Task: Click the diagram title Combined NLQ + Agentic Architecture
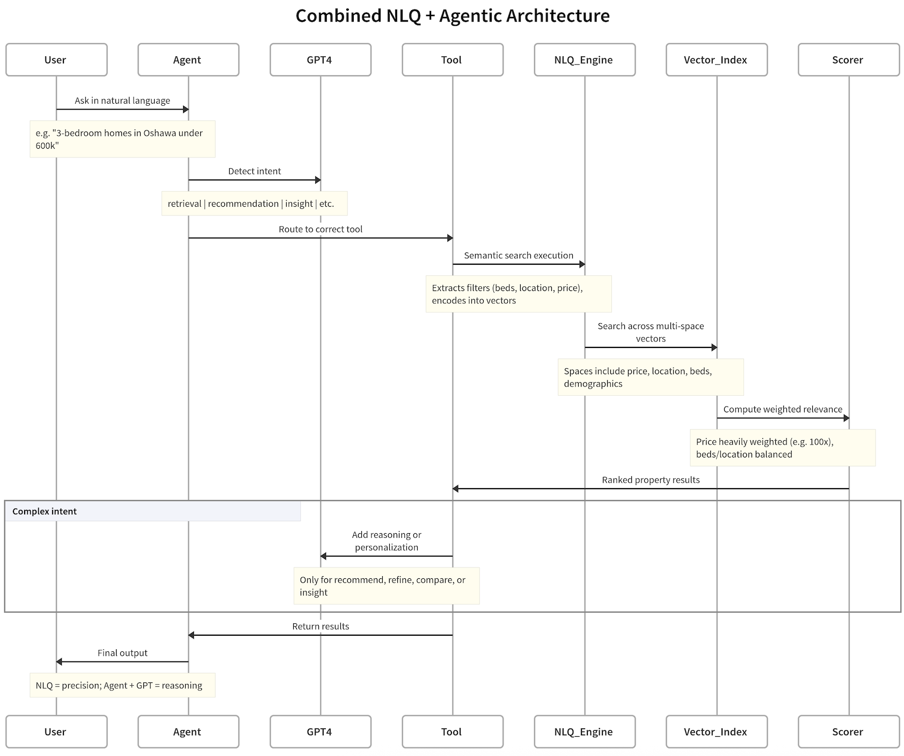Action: pyautogui.click(x=452, y=16)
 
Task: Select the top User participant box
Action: pyautogui.click(x=56, y=60)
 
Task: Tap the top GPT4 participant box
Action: pyautogui.click(x=320, y=60)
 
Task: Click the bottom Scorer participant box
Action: pyautogui.click(x=848, y=731)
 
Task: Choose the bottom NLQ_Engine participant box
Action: pyautogui.click(x=584, y=731)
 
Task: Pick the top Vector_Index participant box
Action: pyautogui.click(x=716, y=60)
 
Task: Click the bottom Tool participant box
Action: pyautogui.click(x=452, y=731)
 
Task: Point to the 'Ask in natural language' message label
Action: pyautogui.click(x=122, y=100)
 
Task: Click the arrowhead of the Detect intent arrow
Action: pyautogui.click(x=318, y=180)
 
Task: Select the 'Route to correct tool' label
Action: pyautogui.click(x=320, y=229)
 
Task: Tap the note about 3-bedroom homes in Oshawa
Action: pyautogui.click(x=122, y=139)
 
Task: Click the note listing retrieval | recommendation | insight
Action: pyautogui.click(x=254, y=203)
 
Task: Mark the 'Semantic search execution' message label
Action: pyautogui.click(x=519, y=256)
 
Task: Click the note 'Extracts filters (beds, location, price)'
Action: pyautogui.click(x=519, y=294)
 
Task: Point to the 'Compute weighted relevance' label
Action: pyautogui.click(x=783, y=409)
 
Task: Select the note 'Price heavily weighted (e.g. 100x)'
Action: pyautogui.click(x=783, y=448)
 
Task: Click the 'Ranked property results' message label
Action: pyautogui.click(x=651, y=480)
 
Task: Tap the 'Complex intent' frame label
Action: pyautogui.click(x=45, y=511)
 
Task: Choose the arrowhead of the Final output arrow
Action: pyautogui.click(x=59, y=662)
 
